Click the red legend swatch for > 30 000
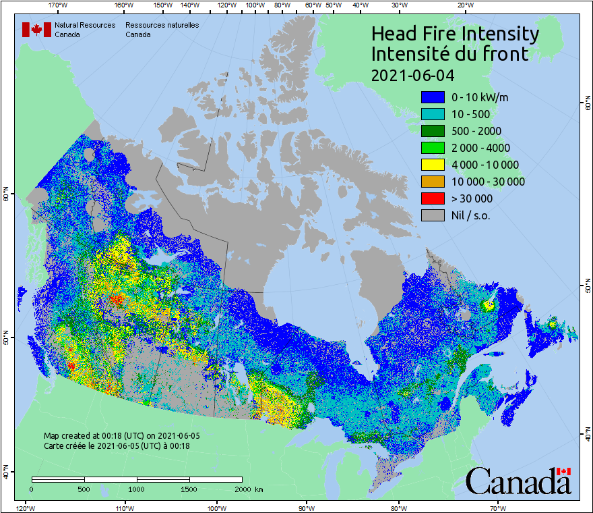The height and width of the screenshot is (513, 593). coord(433,198)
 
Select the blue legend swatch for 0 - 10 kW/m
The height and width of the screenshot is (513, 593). coord(433,97)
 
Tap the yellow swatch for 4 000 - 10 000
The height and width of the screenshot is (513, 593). coord(433,165)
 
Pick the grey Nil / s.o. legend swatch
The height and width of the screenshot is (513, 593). coord(433,215)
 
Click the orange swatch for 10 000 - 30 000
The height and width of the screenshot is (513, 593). coord(433,182)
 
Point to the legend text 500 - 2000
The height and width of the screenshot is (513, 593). coord(476,131)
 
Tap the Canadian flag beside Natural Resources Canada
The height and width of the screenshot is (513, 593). coord(36,30)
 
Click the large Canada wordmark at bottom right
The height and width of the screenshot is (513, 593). coord(518,481)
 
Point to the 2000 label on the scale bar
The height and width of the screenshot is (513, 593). coord(242,489)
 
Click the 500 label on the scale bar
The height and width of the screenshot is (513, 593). coord(84,489)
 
